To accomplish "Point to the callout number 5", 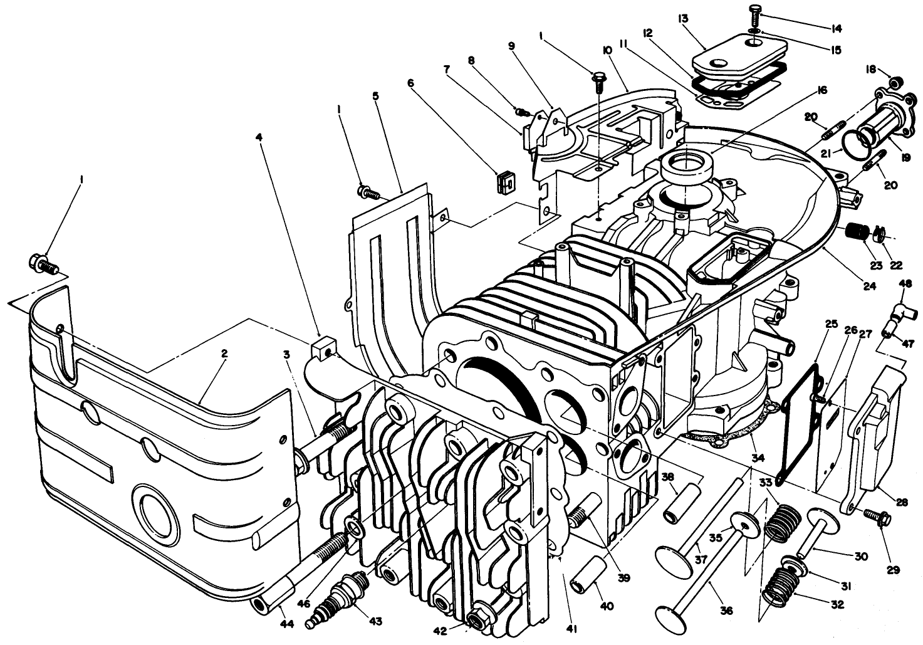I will point(375,97).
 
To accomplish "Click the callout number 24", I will point(868,286).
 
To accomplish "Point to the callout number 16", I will point(821,90).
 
